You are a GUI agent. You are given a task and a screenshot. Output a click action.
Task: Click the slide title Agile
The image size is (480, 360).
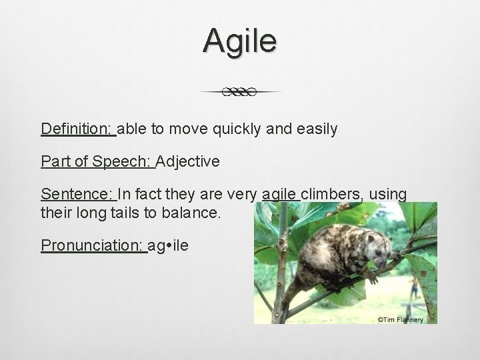240,41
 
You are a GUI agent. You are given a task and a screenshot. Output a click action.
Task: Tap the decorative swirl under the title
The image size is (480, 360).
240,92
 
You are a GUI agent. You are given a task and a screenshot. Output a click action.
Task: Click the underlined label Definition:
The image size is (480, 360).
78,128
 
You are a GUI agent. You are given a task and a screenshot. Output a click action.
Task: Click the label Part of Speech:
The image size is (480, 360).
97,161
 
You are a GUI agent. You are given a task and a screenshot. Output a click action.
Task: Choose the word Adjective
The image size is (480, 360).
188,161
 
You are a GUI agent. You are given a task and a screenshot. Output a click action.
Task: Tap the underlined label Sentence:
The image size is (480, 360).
78,194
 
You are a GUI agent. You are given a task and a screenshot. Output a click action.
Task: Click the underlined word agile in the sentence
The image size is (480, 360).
279,195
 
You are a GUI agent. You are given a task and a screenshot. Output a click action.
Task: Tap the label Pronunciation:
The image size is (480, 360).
93,245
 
